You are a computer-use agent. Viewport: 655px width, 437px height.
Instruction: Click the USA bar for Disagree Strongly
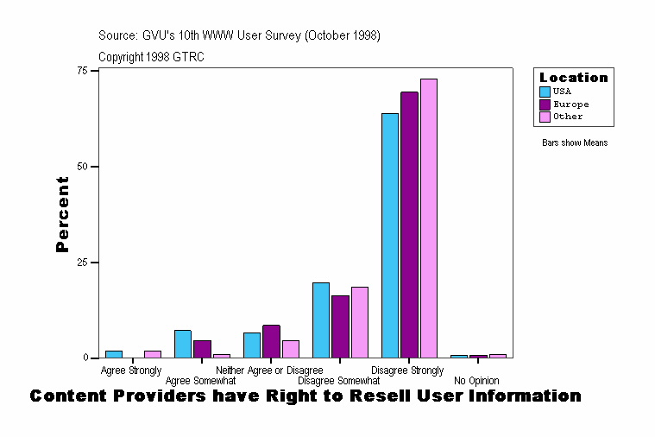[390, 235]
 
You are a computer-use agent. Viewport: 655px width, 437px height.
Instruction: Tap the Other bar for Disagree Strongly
[429, 218]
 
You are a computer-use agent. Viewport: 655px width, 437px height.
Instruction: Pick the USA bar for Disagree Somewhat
[321, 320]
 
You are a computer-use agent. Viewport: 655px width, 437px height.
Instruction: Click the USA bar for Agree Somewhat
[183, 344]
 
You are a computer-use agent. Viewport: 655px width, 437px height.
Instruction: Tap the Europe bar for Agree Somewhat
[202, 349]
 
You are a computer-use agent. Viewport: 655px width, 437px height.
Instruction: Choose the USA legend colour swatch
[545, 92]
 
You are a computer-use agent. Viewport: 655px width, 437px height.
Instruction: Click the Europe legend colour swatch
[545, 104]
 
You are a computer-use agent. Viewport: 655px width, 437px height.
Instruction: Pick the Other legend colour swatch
[545, 117]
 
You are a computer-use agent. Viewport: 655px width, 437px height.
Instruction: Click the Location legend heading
[574, 78]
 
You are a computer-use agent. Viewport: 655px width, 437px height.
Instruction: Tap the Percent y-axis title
[62, 214]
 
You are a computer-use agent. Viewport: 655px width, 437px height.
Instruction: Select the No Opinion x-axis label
[476, 381]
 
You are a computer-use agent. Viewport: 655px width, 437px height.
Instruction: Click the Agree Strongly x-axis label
[131, 370]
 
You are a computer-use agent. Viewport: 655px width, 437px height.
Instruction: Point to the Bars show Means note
[575, 142]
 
